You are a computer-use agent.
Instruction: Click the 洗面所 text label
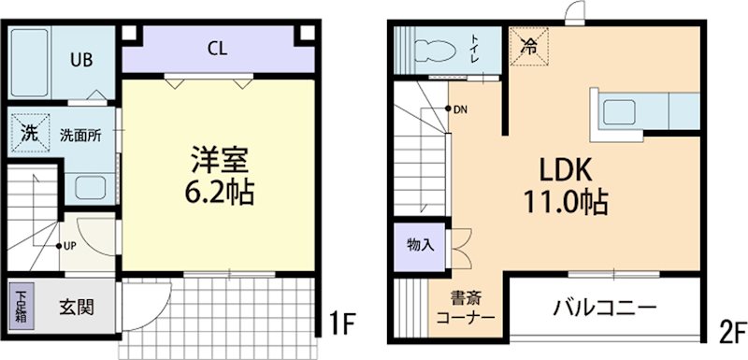tap(80, 134)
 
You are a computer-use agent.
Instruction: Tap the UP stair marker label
tap(72, 247)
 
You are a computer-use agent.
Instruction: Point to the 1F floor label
tap(343, 324)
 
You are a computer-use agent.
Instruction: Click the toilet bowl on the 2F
tap(432, 50)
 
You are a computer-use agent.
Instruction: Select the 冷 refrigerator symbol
tap(528, 44)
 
